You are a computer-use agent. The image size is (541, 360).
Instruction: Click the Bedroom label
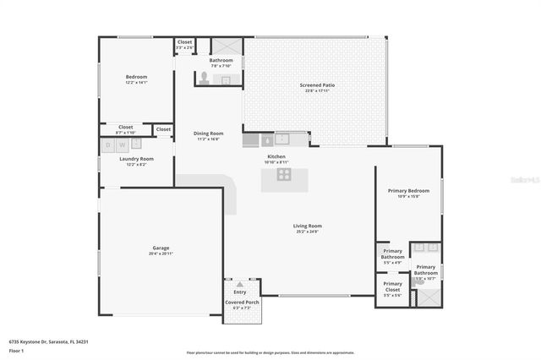(136, 77)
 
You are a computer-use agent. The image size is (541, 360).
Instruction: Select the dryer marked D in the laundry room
(109, 145)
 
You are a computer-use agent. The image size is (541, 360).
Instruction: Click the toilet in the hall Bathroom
(203, 77)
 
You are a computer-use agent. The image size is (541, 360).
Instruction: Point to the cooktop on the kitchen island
(284, 175)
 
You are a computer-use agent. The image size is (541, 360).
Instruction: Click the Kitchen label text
(276, 156)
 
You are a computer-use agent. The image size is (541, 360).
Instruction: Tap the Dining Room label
(208, 134)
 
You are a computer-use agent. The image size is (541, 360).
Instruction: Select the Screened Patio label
(318, 85)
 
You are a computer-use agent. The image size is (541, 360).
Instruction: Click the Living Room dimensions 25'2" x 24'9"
(308, 232)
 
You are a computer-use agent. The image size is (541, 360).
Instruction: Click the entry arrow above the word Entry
(239, 284)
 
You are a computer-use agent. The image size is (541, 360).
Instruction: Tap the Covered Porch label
(242, 302)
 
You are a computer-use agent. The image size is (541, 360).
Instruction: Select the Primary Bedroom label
(409, 191)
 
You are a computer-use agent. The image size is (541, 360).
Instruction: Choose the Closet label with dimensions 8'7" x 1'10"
(125, 127)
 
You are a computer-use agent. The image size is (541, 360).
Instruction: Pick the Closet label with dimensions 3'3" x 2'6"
(184, 41)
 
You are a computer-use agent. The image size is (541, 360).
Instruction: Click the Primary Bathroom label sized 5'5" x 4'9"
(392, 254)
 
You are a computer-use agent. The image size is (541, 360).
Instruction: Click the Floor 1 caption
(16, 350)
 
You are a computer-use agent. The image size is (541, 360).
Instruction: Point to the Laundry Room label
(136, 159)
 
